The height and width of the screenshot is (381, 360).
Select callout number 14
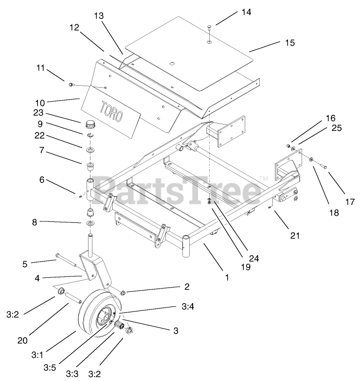[x=246, y=12]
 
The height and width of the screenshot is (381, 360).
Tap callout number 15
[x=289, y=43]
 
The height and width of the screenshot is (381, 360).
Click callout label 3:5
[x=49, y=366]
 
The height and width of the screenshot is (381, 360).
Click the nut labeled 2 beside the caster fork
[x=124, y=292]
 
